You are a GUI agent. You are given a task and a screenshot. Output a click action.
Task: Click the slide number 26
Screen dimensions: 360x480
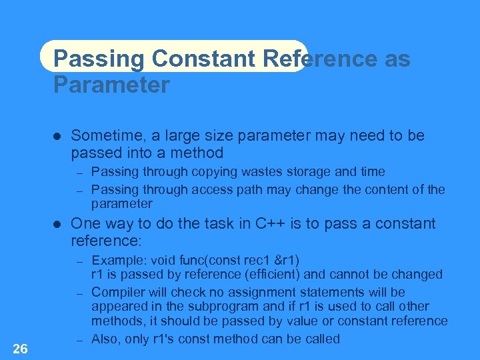20,349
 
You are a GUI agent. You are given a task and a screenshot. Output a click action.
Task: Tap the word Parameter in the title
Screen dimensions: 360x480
111,85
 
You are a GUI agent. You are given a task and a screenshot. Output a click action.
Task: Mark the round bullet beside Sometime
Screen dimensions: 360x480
57,136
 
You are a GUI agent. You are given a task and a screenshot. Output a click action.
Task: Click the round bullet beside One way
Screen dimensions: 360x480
57,224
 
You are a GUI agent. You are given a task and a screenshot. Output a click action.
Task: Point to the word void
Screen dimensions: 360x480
164,260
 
